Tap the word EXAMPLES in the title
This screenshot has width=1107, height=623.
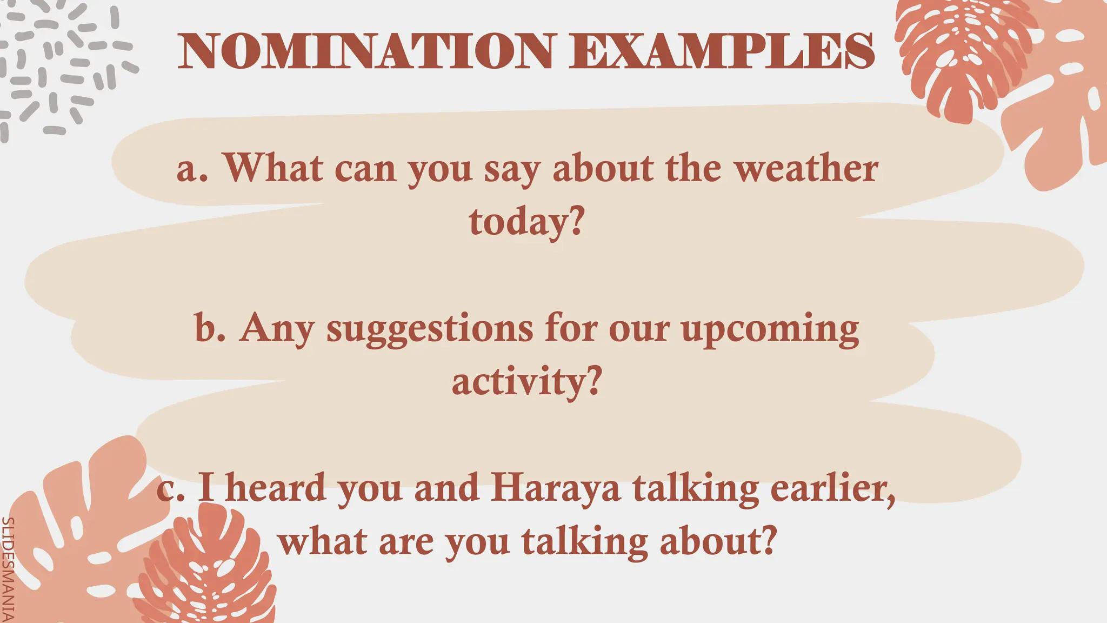(722, 51)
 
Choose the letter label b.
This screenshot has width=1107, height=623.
(210, 328)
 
